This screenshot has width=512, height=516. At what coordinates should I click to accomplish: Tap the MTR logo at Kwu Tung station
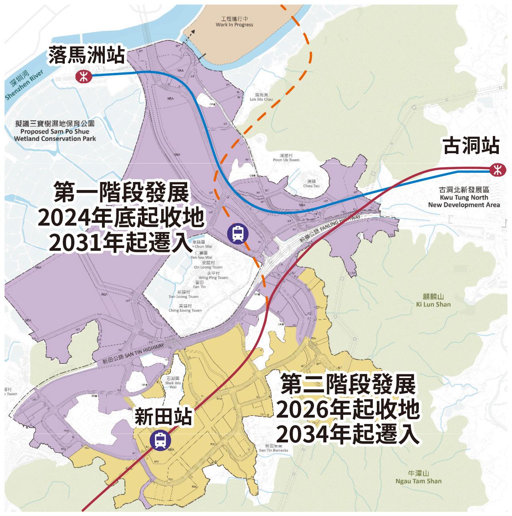click(x=498, y=170)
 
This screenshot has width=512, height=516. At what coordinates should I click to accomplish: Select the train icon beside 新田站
click(x=160, y=440)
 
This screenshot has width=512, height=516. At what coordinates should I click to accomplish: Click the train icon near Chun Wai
click(x=237, y=233)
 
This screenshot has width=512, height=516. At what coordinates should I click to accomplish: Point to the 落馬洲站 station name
click(x=86, y=55)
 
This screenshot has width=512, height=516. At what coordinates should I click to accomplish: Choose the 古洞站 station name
click(x=472, y=146)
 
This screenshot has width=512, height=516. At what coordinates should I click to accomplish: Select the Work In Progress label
click(x=234, y=22)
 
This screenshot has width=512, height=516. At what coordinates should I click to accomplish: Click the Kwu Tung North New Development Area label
click(x=464, y=198)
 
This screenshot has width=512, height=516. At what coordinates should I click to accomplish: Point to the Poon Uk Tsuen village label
click(x=286, y=157)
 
